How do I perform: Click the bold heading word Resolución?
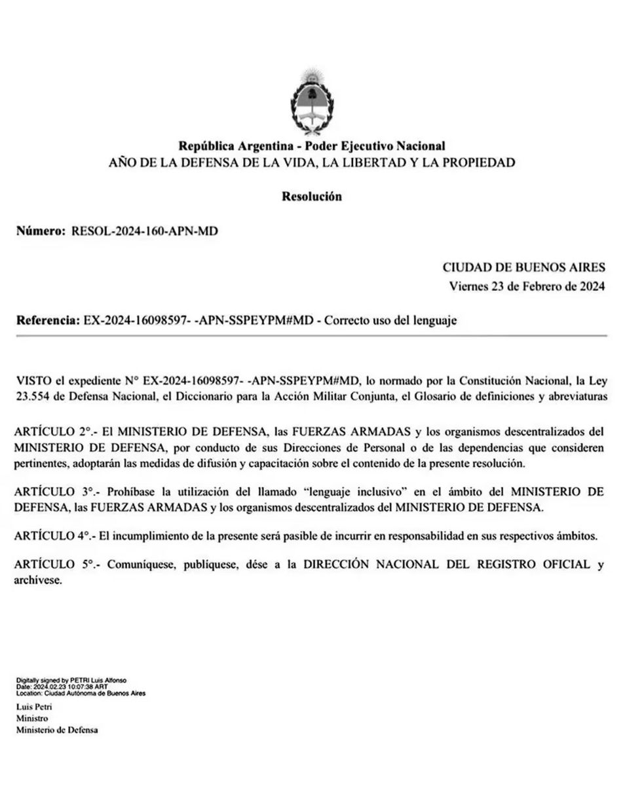311,196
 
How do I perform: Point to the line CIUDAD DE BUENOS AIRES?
524,267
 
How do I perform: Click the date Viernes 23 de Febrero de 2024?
527,286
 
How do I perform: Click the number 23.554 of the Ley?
33,396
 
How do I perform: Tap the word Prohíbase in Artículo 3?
130,490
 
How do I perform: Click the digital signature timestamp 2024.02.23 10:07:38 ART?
71,686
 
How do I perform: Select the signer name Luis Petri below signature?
34,707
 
